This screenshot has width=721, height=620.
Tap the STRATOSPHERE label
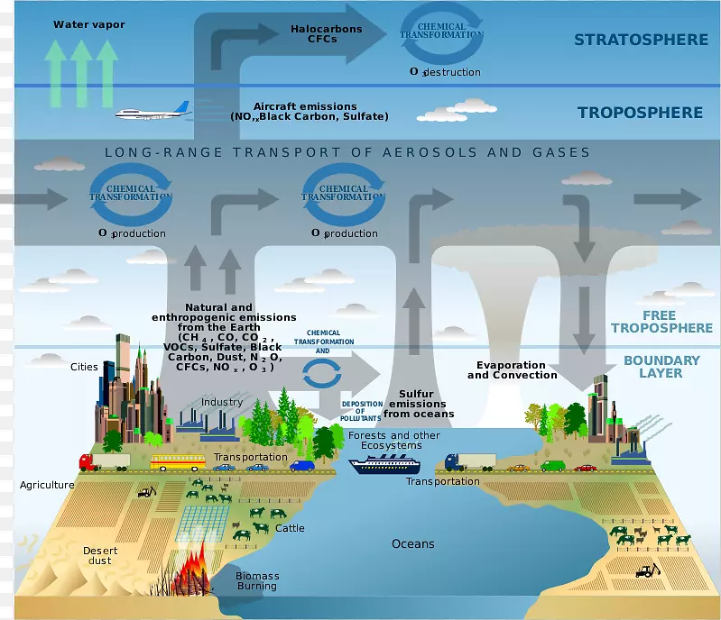tap(641, 40)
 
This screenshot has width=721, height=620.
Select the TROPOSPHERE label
tap(640, 113)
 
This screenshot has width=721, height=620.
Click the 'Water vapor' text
tap(89, 24)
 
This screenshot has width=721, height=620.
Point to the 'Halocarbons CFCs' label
tap(326, 34)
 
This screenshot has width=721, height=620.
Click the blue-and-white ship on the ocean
tap(384, 464)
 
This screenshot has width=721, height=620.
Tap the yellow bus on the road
tap(178, 463)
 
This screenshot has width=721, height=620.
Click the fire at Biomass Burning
tap(191, 574)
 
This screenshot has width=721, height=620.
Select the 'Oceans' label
tap(412, 544)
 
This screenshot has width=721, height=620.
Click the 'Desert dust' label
tap(100, 555)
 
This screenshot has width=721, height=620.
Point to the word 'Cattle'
tap(290, 528)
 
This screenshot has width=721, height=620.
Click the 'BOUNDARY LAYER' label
tap(661, 366)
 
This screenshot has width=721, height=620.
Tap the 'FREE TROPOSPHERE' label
tap(661, 322)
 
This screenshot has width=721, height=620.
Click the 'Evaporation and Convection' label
tap(512, 369)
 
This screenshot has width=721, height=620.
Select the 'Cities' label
tap(84, 367)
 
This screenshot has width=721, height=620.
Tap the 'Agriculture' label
tap(47, 485)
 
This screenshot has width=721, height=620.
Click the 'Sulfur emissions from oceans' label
tap(417, 404)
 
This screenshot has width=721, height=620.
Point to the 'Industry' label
tap(221, 402)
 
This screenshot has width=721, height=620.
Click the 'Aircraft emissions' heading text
tap(305, 106)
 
